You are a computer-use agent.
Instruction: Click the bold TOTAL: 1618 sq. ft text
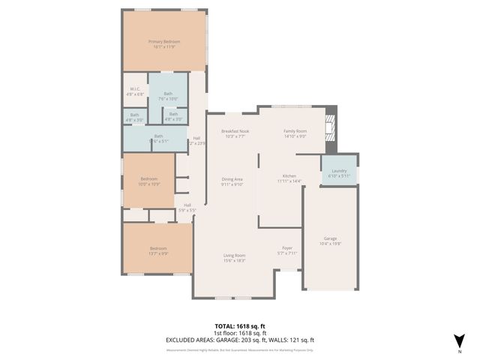coord(239,326)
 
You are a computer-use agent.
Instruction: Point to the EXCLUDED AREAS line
coord(239,340)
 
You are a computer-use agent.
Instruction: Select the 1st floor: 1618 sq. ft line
coord(239,333)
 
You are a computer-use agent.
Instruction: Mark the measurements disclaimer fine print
coord(239,349)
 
